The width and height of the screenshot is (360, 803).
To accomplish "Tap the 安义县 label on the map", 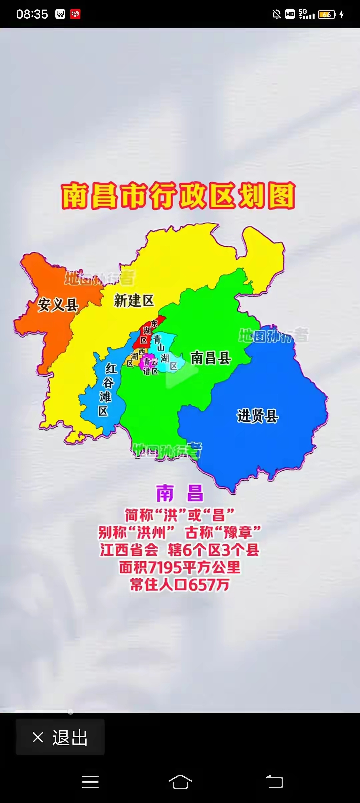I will point(58,305).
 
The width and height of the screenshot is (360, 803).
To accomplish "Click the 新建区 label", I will point(134,301).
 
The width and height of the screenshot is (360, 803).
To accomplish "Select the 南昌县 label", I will point(211,358).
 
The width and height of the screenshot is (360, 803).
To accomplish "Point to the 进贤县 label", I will point(257,416).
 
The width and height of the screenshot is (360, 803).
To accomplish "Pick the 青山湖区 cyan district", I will point(163,353).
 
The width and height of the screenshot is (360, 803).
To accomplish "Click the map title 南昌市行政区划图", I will point(178,196).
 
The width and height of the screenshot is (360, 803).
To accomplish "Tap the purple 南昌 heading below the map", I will point(180,493).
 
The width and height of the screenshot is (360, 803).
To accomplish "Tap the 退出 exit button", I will point(60,738).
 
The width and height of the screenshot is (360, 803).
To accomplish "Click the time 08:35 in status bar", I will point(32,14).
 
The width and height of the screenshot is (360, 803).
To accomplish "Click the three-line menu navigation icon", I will point(90,782).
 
